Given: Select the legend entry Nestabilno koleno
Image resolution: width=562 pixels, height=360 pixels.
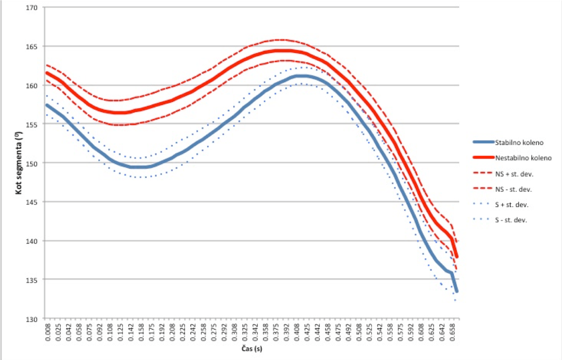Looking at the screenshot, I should pos(523,158).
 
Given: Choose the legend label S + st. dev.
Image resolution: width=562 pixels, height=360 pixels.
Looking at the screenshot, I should pos(512,204).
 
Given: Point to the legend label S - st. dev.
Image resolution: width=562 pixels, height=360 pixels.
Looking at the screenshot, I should pos(511,220).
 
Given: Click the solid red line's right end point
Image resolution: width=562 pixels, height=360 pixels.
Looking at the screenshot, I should pos(456,257).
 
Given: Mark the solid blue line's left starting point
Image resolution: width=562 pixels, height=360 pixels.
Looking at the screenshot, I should pos(47,105).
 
